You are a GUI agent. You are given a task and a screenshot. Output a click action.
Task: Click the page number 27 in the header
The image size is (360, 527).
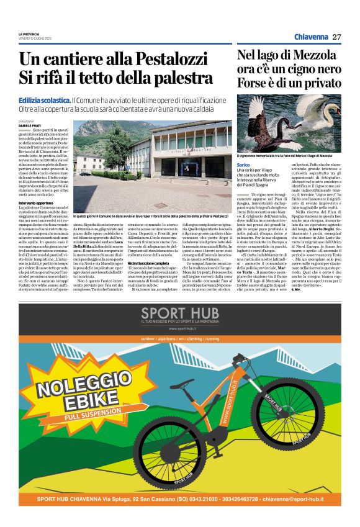(336, 37)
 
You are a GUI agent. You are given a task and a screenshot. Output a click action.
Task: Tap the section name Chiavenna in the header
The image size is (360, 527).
(310, 37)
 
